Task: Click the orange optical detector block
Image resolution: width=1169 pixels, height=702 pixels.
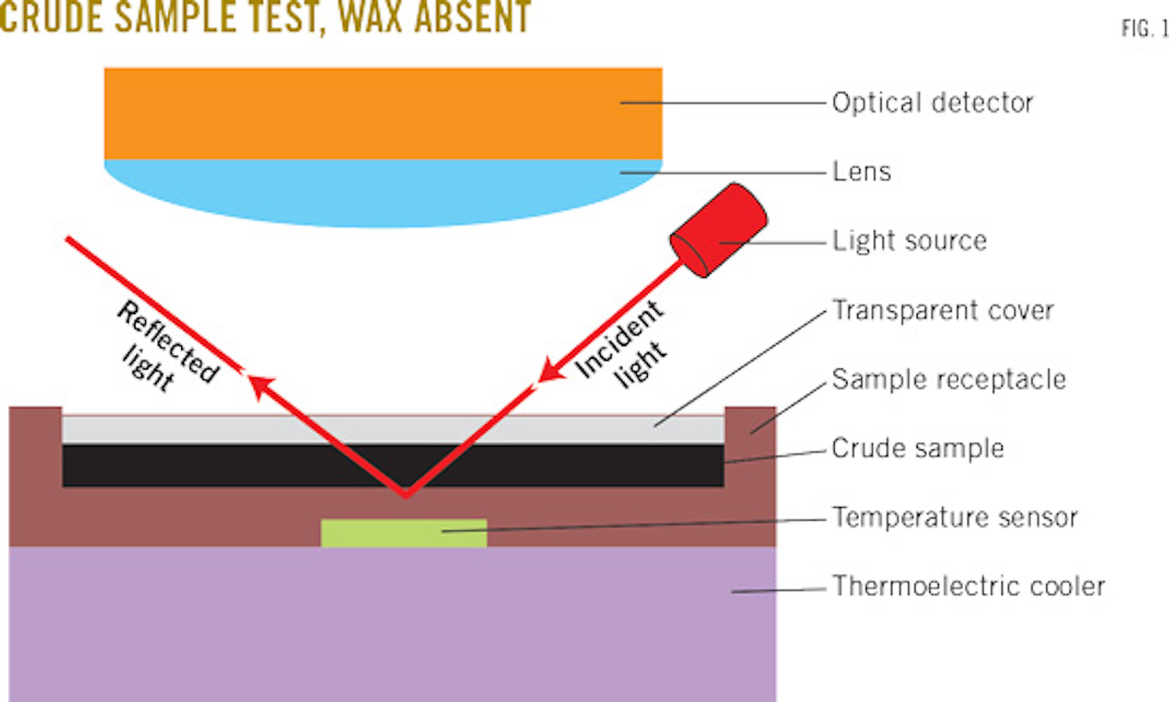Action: point(383,112)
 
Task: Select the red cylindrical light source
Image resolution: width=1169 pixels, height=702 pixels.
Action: point(719,230)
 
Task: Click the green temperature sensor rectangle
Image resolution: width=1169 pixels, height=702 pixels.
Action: point(403,532)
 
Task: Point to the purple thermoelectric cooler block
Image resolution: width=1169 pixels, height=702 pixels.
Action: point(390,624)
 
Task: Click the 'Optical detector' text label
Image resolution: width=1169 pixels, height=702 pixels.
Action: point(931,102)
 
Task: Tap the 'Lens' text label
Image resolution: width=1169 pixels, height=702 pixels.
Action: point(861,173)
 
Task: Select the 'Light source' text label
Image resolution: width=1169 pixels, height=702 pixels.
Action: point(909,240)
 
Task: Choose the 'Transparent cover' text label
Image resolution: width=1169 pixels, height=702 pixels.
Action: point(942,311)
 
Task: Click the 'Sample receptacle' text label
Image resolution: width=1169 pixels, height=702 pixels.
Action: point(948,379)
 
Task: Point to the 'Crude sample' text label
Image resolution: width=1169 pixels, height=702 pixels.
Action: point(917,448)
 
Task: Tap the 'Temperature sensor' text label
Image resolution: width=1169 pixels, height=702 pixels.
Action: point(954,517)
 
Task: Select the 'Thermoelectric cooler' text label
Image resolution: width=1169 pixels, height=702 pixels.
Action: point(968,587)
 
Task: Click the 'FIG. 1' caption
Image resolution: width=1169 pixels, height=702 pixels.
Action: point(1143,29)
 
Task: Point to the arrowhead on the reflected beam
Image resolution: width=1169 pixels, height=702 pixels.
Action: point(255,383)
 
